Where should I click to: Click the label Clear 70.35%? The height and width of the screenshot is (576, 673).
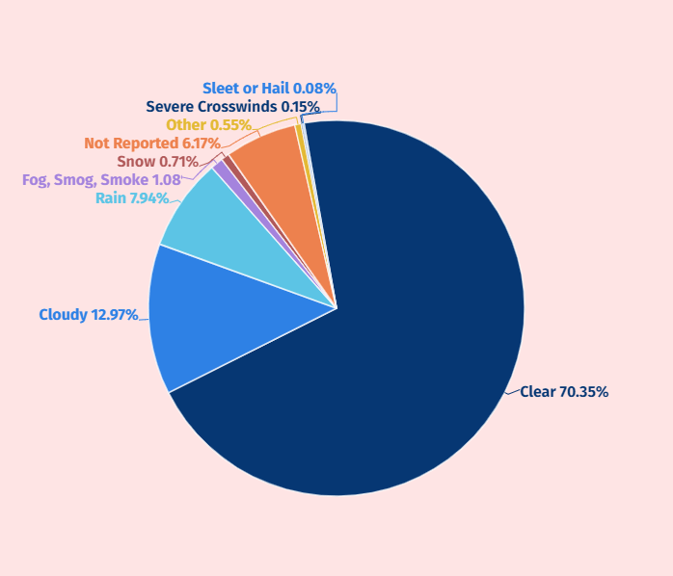tap(564, 392)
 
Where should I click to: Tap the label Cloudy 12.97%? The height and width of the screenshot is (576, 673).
tap(88, 315)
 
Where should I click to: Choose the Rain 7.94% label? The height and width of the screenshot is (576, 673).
tap(132, 198)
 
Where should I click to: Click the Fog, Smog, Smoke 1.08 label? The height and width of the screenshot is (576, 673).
tap(101, 180)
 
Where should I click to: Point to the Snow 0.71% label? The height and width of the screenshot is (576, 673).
tap(157, 162)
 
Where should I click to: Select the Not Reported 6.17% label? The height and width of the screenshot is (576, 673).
tap(152, 144)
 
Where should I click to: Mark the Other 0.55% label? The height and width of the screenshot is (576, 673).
tap(208, 125)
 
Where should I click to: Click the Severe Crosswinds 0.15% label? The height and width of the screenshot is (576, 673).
tap(232, 107)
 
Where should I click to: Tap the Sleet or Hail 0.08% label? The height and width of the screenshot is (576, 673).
tap(269, 89)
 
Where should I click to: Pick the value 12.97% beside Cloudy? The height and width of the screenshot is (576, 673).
tap(114, 315)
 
